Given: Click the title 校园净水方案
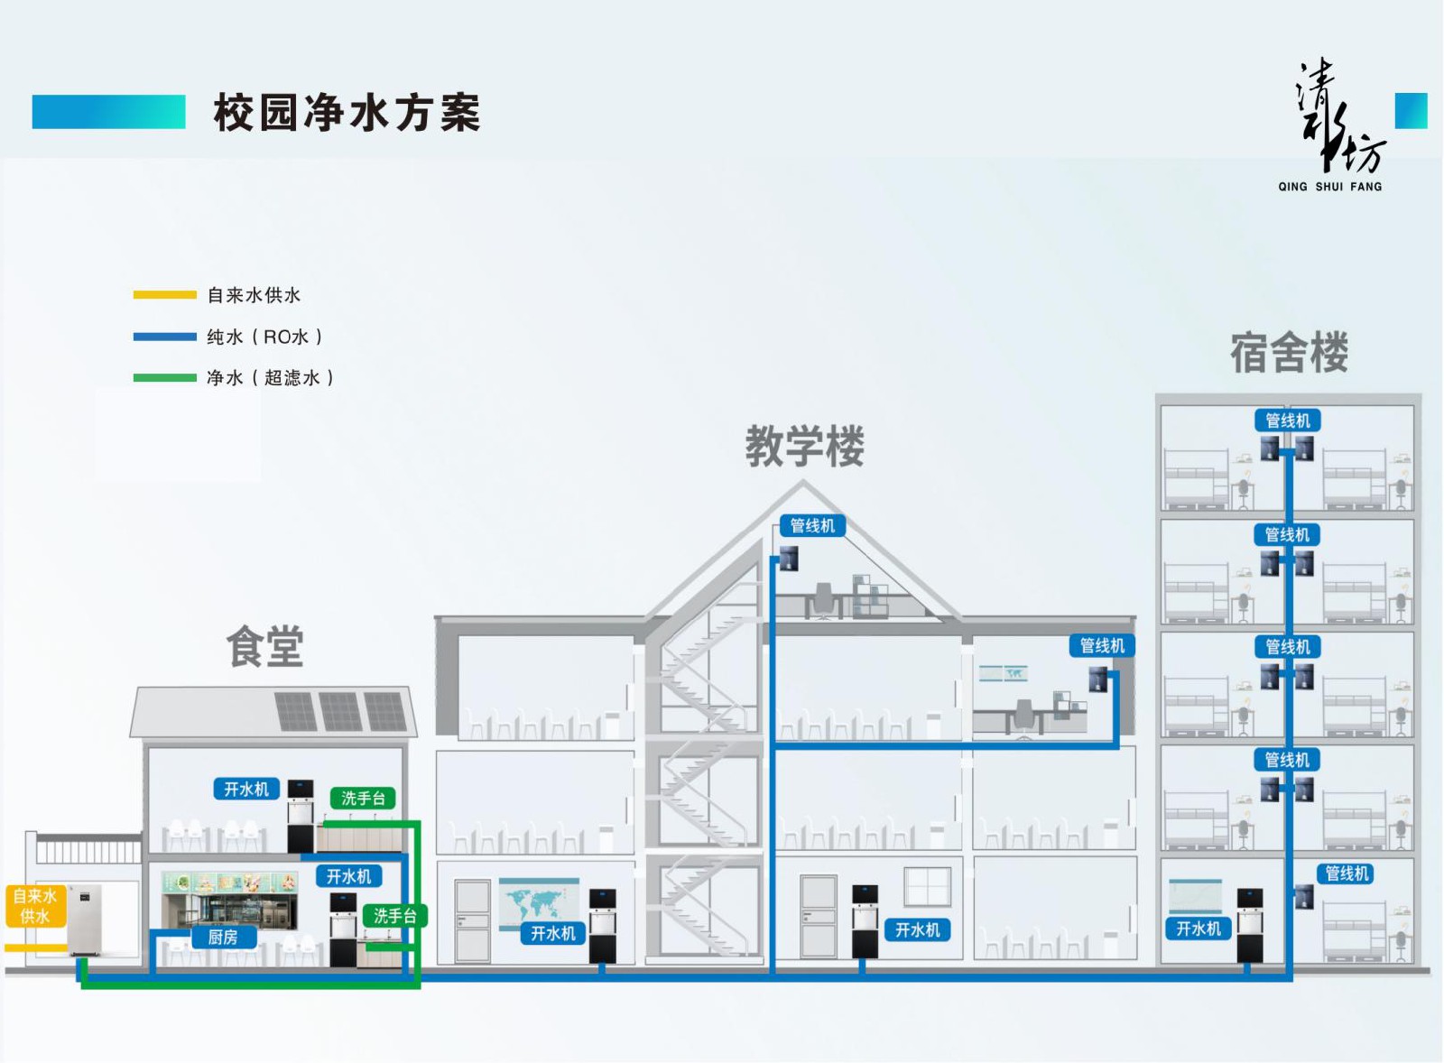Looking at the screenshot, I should [x=347, y=114].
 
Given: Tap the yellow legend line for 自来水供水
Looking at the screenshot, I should [x=164, y=295].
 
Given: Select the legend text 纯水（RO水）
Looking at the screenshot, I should [x=264, y=337].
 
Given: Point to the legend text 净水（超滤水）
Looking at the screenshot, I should [x=270, y=378].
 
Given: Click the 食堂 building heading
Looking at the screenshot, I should [x=264, y=647].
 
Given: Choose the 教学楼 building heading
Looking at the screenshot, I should [x=804, y=446].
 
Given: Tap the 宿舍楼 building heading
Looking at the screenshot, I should [x=1289, y=352].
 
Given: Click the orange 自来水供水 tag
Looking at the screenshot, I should [x=34, y=906].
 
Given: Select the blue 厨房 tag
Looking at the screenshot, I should [x=223, y=938].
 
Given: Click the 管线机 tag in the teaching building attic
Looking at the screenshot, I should [x=812, y=526].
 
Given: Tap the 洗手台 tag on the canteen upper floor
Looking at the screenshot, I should [x=363, y=799].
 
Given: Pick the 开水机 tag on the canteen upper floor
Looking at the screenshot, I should [x=246, y=790].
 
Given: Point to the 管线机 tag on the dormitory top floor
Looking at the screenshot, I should [x=1287, y=421].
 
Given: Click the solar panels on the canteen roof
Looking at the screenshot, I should [x=340, y=711].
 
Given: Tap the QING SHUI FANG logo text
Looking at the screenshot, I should [x=1329, y=187].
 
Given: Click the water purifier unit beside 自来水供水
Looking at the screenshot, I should [x=86, y=920].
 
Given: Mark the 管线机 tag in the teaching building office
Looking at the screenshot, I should [x=1102, y=646].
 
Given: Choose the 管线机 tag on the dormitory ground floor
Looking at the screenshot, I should [x=1347, y=874].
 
